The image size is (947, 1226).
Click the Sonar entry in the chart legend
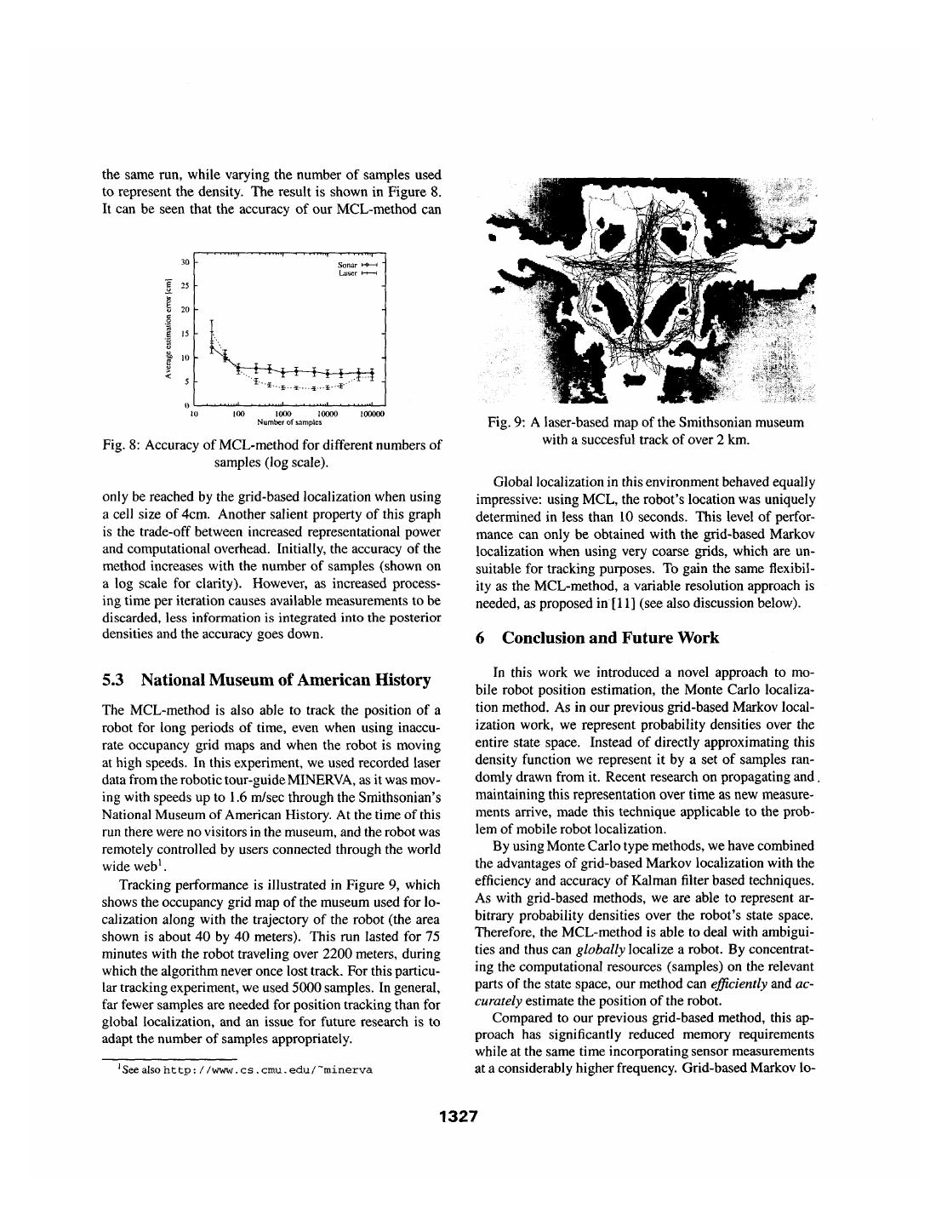coord(347,266)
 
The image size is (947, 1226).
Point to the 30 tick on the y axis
coord(185,261)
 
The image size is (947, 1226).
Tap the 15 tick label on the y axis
coord(185,333)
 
